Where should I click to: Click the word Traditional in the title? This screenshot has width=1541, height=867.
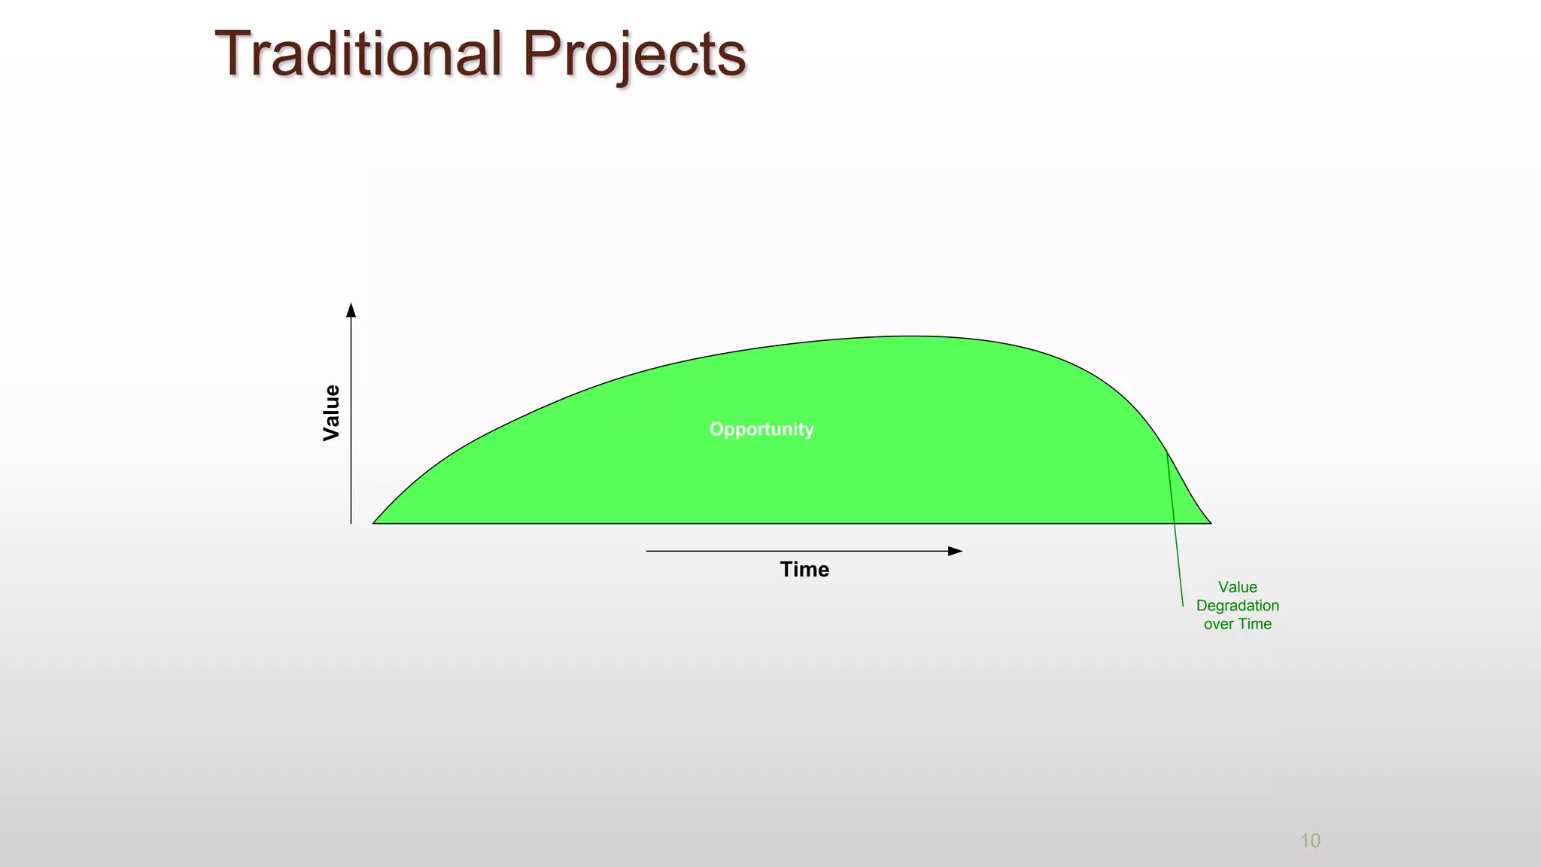pyautogui.click(x=358, y=54)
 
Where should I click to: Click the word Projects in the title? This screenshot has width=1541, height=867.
pyautogui.click(x=634, y=54)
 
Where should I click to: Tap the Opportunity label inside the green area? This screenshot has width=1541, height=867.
pyautogui.click(x=761, y=429)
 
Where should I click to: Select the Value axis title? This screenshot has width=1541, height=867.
pyautogui.click(x=331, y=412)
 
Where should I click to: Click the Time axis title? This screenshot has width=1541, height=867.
pyautogui.click(x=804, y=569)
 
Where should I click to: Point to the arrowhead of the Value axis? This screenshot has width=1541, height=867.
pyautogui.click(x=351, y=309)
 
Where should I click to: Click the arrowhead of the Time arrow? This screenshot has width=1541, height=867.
pyautogui.click(x=956, y=551)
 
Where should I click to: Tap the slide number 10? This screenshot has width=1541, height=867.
pyautogui.click(x=1310, y=841)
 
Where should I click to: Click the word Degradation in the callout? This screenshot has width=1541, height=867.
pyautogui.click(x=1237, y=605)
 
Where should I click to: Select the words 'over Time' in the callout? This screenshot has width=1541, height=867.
pyautogui.click(x=1237, y=624)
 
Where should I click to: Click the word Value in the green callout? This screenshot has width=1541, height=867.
pyautogui.click(x=1237, y=587)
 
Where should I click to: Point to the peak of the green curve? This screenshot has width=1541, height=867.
pyautogui.click(x=910, y=336)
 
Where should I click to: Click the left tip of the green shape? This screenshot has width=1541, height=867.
pyautogui.click(x=374, y=522)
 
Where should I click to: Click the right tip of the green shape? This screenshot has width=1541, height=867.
pyautogui.click(x=1210, y=522)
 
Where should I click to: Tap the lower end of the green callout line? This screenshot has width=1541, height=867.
pyautogui.click(x=1183, y=606)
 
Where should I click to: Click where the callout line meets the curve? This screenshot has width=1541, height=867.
pyautogui.click(x=1166, y=451)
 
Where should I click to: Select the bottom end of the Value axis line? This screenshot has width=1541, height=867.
pyautogui.click(x=351, y=522)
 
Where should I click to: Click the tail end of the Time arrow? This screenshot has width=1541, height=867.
pyautogui.click(x=647, y=551)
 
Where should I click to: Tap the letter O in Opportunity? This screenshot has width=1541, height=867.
pyautogui.click(x=716, y=429)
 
